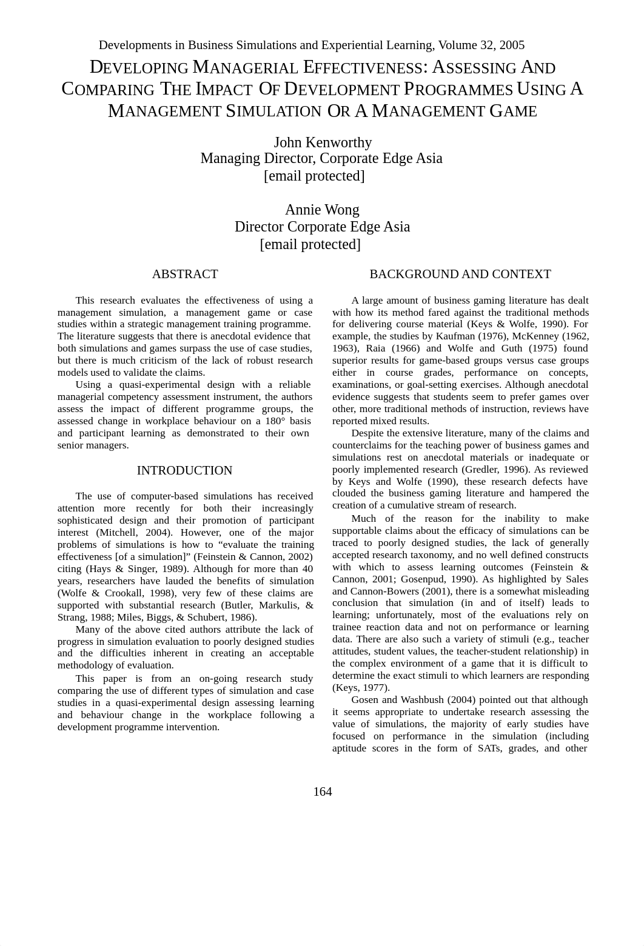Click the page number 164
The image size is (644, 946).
click(322, 791)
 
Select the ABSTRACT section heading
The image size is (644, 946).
click(185, 274)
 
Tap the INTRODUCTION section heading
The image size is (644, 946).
click(184, 470)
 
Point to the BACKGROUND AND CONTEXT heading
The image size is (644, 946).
click(460, 274)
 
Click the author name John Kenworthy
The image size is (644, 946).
click(323, 142)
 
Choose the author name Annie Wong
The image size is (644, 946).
click(322, 210)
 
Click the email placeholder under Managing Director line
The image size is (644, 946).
click(314, 176)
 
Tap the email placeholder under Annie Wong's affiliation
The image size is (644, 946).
click(310, 244)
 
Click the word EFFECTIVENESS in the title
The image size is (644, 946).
click(360, 67)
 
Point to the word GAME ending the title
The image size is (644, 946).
click(513, 111)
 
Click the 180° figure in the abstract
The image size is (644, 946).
click(275, 421)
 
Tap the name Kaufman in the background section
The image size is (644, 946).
click(455, 336)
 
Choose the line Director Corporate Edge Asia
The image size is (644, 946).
click(322, 227)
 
